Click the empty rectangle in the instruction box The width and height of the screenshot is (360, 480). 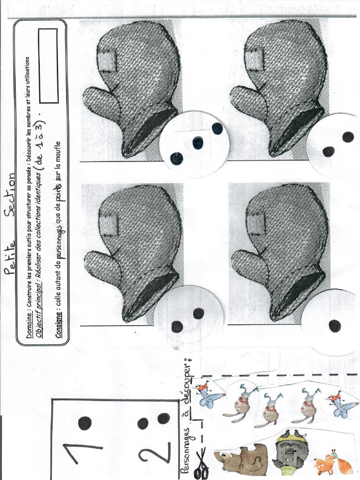49,66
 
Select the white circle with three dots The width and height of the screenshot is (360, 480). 195,144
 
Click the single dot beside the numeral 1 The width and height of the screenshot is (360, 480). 84,423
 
